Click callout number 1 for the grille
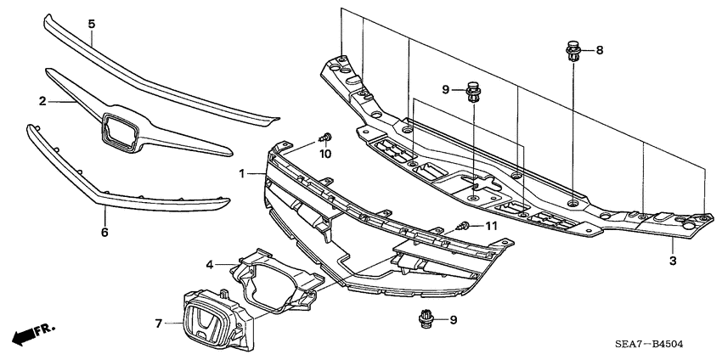click(242, 173)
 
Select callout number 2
click(42, 101)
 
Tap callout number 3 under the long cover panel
click(673, 261)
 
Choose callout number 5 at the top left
click(91, 24)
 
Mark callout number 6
click(104, 231)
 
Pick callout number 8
click(599, 51)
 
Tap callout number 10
click(324, 154)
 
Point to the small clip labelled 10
click(325, 137)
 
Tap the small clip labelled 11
click(463, 226)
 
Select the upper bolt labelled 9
click(474, 90)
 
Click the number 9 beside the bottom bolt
click(453, 320)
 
